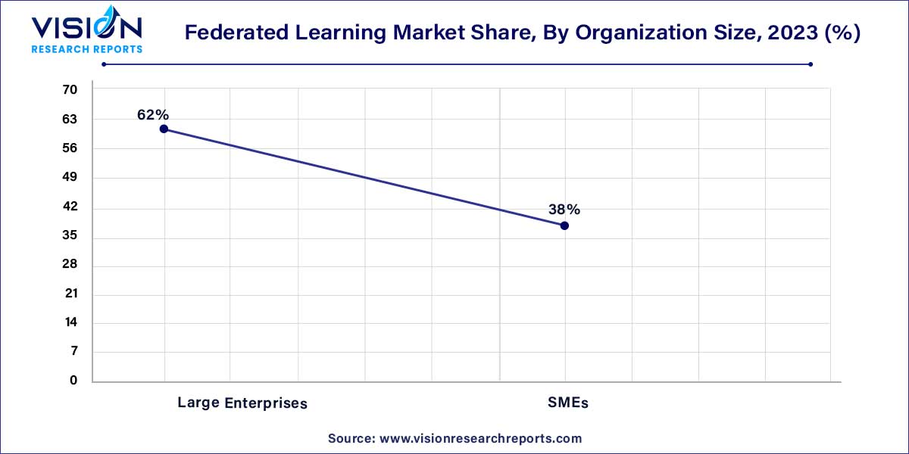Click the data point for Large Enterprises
click(164, 129)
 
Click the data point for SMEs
click(564, 225)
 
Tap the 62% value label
click(153, 114)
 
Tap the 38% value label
click(564, 210)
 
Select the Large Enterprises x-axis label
click(242, 403)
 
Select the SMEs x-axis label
click(568, 403)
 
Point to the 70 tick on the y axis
click(70, 90)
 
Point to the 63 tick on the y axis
click(70, 120)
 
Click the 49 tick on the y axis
click(70, 178)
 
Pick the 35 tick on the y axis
click(70, 236)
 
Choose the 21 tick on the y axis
click(70, 294)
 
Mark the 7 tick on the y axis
click(73, 352)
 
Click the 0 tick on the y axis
click(73, 381)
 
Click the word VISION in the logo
click(86, 29)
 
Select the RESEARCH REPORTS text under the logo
click(86, 49)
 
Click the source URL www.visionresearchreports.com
click(480, 438)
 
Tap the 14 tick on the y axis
click(70, 323)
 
